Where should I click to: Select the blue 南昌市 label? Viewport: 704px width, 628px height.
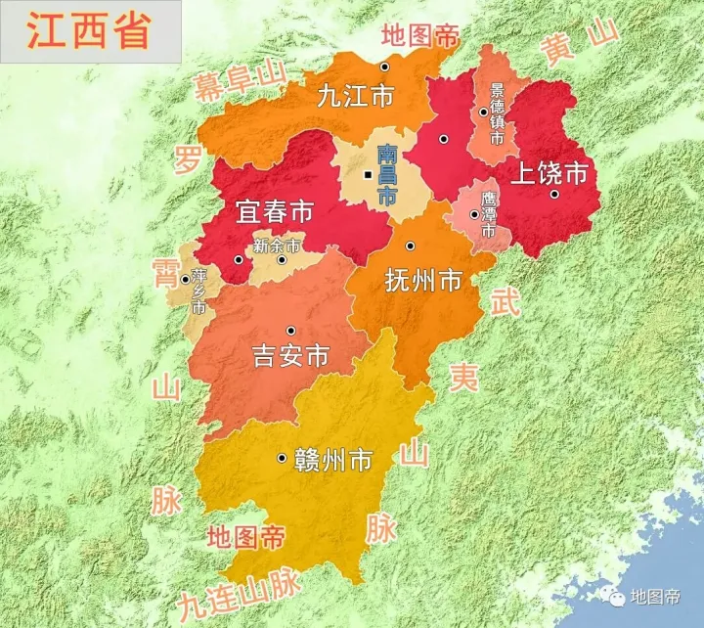pyautogui.click(x=387, y=174)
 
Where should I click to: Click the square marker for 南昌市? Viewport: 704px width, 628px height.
pyautogui.click(x=368, y=175)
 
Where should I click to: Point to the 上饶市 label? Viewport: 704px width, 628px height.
pyautogui.click(x=551, y=173)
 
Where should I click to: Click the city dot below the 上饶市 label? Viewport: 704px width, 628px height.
pyautogui.click(x=553, y=195)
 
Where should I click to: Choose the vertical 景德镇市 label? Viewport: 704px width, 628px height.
pyautogui.click(x=497, y=114)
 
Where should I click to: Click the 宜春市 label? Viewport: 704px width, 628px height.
pyautogui.click(x=274, y=212)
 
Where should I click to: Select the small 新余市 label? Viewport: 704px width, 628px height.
pyautogui.click(x=277, y=246)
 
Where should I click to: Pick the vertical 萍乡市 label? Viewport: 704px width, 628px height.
pyautogui.click(x=198, y=291)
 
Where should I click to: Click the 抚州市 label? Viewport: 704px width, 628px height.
pyautogui.click(x=423, y=282)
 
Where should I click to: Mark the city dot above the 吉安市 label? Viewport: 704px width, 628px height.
pyautogui.click(x=289, y=331)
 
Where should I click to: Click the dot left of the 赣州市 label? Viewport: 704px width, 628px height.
pyautogui.click(x=282, y=458)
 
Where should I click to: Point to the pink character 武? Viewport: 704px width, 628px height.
pyautogui.click(x=505, y=302)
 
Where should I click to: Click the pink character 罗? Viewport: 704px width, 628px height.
pyautogui.click(x=187, y=158)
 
